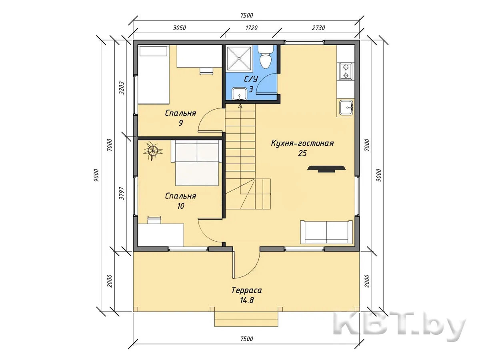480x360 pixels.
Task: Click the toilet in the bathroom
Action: [266, 57]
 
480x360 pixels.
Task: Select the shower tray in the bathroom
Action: [239, 58]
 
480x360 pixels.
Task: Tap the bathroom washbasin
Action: [240, 94]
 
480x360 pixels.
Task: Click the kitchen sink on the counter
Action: [346, 107]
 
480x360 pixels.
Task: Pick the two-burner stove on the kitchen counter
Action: [346, 71]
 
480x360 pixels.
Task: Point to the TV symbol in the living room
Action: [326, 169]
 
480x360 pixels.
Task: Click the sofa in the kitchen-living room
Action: [326, 232]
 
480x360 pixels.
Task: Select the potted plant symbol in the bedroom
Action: [153, 151]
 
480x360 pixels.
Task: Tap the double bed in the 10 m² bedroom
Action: [196, 163]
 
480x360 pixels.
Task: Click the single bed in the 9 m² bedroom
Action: [154, 74]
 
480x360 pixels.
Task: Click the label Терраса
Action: [247, 290]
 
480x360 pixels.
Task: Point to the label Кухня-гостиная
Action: [302, 143]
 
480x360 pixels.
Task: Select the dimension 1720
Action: [252, 28]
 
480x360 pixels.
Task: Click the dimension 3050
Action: [179, 28]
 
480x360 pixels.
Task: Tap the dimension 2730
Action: [318, 28]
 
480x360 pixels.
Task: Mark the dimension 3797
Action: [122, 193]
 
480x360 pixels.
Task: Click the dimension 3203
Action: [122, 88]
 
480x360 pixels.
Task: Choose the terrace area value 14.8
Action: [247, 300]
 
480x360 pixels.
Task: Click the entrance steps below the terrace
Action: [246, 319]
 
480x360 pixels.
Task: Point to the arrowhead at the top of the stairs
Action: [240, 106]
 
